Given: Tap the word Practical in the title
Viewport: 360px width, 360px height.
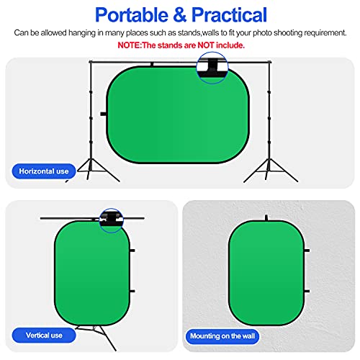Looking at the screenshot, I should pyautogui.click(x=222, y=14).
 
